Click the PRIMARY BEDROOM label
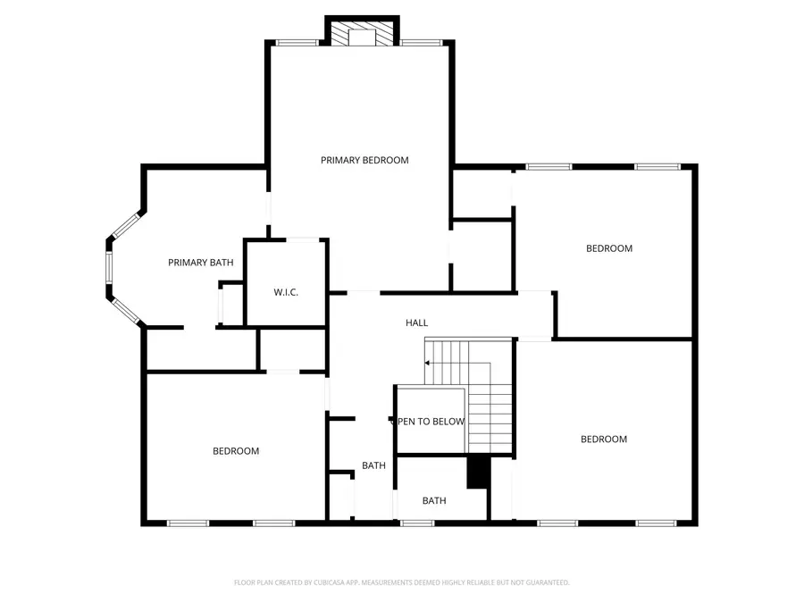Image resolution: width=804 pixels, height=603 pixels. [x=364, y=161]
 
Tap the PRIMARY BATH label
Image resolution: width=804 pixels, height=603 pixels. [x=201, y=263]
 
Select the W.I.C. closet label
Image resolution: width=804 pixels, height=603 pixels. [x=285, y=292]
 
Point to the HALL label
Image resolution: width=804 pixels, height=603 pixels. [x=416, y=322]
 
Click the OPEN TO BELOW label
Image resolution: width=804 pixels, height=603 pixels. [x=431, y=422]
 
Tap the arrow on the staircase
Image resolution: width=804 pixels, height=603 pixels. [x=429, y=363]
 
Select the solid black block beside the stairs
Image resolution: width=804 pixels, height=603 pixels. [x=480, y=472]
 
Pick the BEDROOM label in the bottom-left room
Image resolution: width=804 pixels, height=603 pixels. [x=236, y=451]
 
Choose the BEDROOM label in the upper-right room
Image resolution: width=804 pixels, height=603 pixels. [x=609, y=248]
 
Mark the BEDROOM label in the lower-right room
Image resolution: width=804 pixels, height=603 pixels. [x=604, y=439]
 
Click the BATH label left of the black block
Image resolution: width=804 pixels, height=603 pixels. [x=434, y=501]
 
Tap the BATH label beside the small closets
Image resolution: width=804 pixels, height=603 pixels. [x=373, y=465]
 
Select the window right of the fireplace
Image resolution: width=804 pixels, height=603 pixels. [x=422, y=42]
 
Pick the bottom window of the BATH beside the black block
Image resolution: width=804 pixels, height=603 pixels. [x=411, y=523]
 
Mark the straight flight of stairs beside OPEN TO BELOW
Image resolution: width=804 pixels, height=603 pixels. [x=490, y=407]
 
